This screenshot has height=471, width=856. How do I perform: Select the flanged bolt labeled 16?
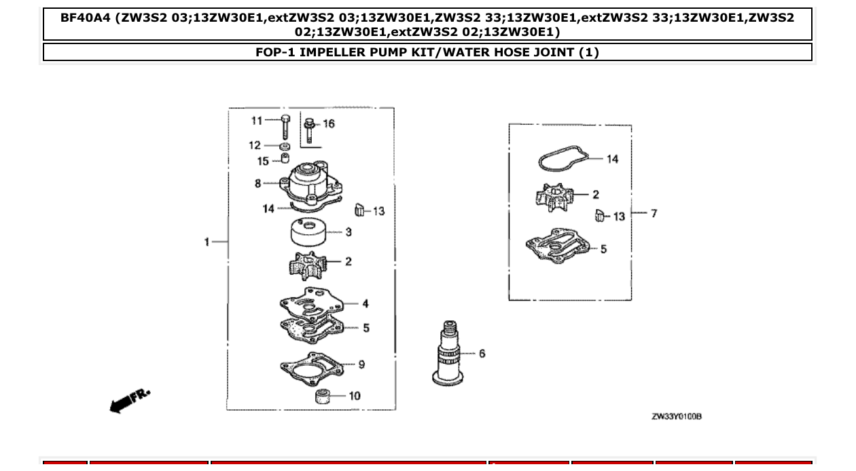(x=308, y=130)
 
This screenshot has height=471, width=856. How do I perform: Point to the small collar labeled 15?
(x=285, y=159)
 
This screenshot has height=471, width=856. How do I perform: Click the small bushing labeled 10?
(x=322, y=396)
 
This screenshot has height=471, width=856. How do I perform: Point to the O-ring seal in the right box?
(x=562, y=161)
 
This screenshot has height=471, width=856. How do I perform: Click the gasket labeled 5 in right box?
(x=557, y=246)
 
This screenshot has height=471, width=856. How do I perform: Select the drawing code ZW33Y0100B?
(x=676, y=416)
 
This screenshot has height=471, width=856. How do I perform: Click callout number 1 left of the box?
(x=207, y=242)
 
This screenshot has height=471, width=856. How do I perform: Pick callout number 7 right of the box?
(x=654, y=213)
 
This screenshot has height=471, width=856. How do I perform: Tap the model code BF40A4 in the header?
(x=84, y=18)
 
